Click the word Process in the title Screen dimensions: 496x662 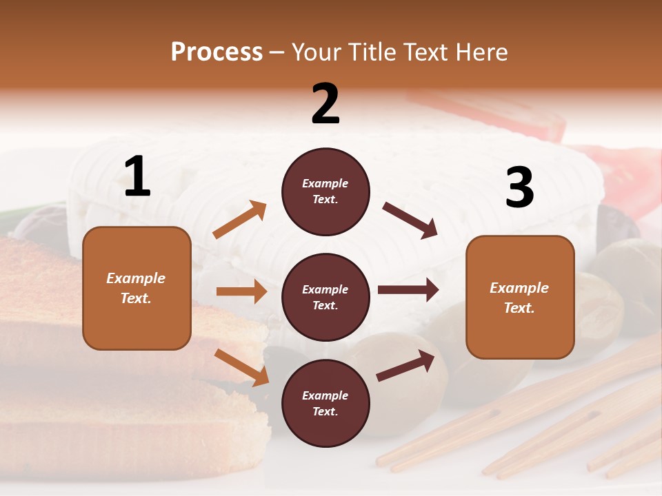217,52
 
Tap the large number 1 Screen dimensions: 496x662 137,177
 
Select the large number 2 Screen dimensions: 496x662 325,104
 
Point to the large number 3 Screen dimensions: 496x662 519,188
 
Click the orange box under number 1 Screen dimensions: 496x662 137,288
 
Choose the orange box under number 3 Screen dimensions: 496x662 520,297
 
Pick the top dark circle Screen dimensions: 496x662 325,192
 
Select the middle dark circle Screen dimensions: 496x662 325,297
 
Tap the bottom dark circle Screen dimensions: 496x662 325,403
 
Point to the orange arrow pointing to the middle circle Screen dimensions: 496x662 241,291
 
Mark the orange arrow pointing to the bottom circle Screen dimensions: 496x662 241,367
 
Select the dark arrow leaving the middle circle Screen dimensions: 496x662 408,290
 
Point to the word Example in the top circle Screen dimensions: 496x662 325,183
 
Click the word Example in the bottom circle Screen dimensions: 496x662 325,395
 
